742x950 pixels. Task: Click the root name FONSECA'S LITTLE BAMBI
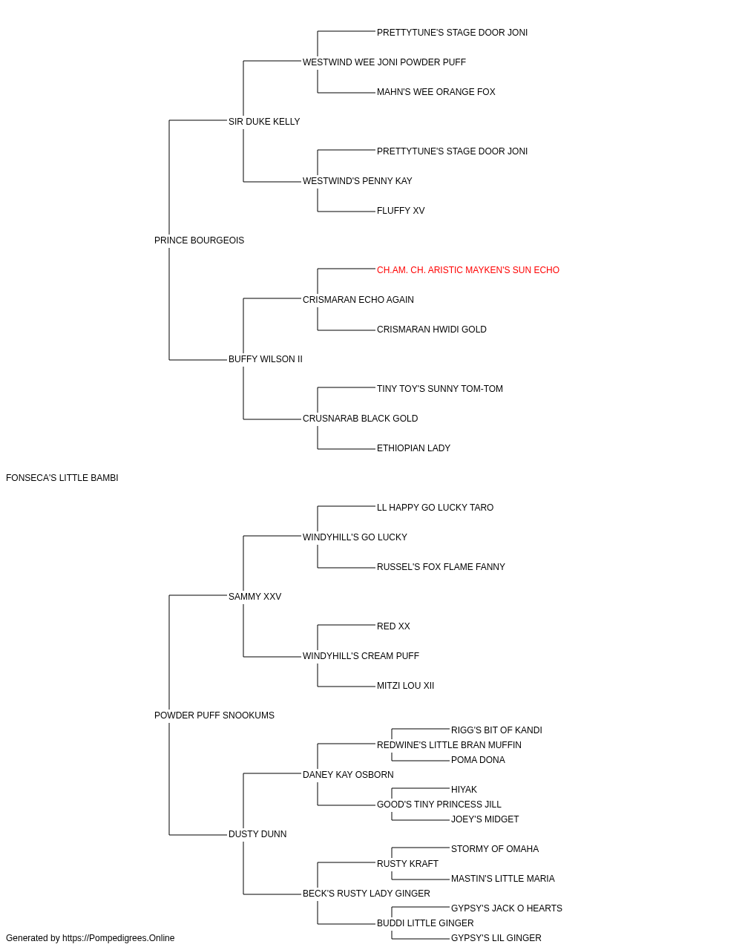coord(62,478)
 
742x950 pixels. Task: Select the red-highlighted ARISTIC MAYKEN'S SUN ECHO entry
coord(468,270)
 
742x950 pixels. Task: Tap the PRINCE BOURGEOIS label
coord(200,240)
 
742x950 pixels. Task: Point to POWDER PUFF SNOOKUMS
coord(214,715)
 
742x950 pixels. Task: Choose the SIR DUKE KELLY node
coord(264,122)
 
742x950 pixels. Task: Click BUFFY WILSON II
coord(265,359)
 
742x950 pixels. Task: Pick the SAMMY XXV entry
coord(255,596)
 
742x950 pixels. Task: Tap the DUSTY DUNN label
coord(257,833)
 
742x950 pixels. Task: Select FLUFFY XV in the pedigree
coord(401,211)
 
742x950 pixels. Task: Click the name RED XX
coord(393,626)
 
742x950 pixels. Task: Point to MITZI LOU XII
coord(406,686)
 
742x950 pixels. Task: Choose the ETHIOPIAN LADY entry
coord(413,448)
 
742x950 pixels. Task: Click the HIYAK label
coord(464,790)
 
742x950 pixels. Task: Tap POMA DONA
coord(478,760)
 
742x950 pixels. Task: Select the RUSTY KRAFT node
coord(407,863)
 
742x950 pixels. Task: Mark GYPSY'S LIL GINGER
coord(496,938)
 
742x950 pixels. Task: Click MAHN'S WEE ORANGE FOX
coord(436,92)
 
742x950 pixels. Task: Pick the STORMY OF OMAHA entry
coord(495,848)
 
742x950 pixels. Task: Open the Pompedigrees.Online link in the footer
coord(119,938)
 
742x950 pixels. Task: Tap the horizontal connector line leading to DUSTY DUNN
coord(198,835)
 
